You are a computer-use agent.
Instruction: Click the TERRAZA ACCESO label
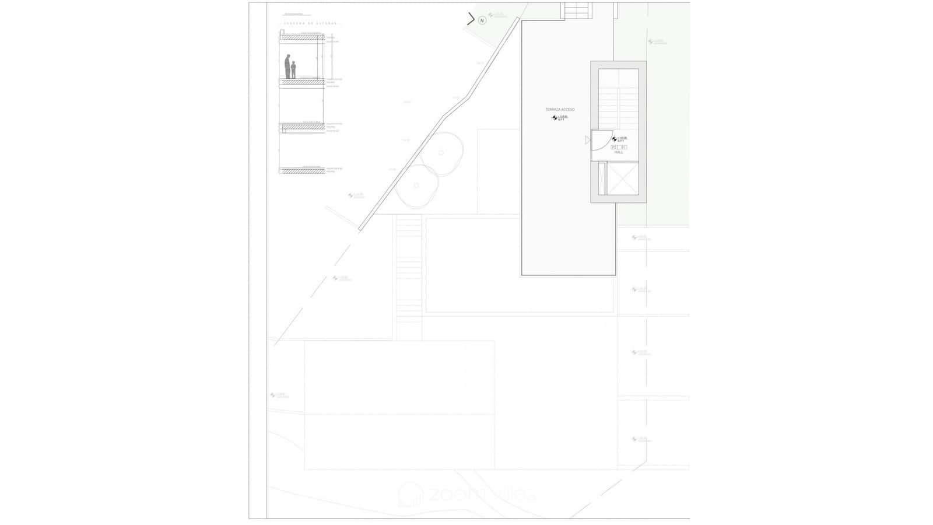[560, 110]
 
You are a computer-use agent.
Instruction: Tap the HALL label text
[619, 152]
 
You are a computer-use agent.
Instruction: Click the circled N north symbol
[482, 20]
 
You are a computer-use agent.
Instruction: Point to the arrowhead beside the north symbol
[471, 19]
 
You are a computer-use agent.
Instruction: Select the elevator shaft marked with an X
[622, 179]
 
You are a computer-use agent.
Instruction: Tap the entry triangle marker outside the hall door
[587, 140]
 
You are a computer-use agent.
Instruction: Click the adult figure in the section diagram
[287, 66]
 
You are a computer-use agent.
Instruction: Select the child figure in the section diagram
[293, 70]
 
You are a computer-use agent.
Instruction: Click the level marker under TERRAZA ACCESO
[559, 118]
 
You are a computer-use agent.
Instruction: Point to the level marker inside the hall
[619, 139]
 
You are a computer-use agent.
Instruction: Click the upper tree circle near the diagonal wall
[441, 153]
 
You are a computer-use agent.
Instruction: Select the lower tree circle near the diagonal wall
[416, 186]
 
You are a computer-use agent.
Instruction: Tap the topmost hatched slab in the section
[302, 37]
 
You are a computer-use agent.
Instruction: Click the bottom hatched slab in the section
[302, 171]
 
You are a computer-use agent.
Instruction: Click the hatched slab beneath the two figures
[302, 82]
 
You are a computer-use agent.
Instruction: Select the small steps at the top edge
[577, 10]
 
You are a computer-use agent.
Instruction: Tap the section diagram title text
[309, 23]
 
